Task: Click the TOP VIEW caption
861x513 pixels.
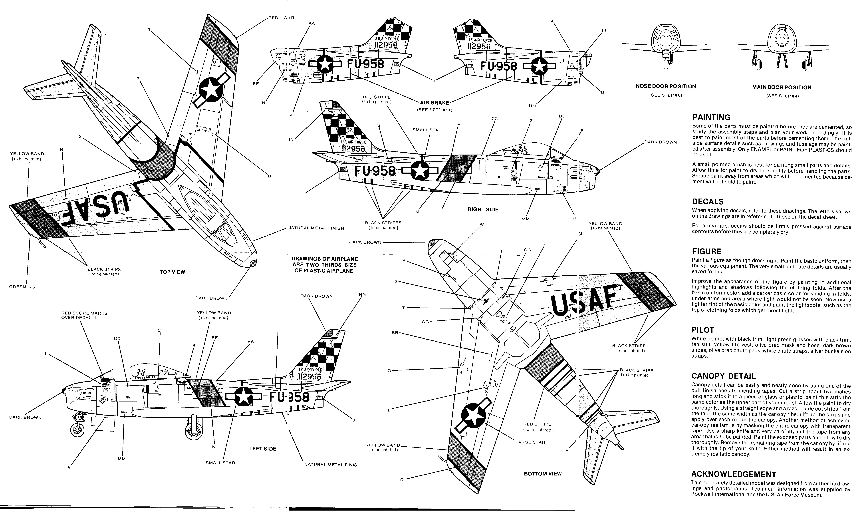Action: point(172,272)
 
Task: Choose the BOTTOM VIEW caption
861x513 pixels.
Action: point(543,474)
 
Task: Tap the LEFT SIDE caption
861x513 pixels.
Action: point(263,449)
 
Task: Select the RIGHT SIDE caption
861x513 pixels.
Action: point(483,209)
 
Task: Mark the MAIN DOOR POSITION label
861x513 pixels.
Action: point(782,87)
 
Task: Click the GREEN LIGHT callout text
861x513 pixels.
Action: point(25,287)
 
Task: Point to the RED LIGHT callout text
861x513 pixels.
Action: point(282,18)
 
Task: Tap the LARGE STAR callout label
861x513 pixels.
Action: point(530,442)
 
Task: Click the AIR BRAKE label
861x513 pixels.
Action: point(434,103)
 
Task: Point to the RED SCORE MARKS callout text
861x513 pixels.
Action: point(84,315)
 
